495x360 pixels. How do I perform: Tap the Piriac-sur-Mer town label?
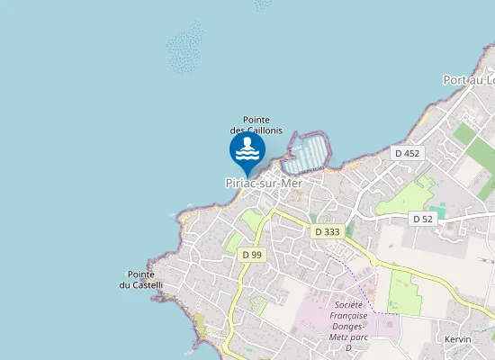(263, 183)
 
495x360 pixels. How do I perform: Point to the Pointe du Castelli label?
(142, 280)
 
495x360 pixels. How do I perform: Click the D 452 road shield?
(407, 154)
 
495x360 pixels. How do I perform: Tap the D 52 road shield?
(422, 219)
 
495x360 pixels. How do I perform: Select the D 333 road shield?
(327, 232)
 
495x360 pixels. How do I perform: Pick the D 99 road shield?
(252, 255)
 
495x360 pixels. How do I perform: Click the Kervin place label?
(458, 339)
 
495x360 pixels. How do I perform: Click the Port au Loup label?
(469, 80)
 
